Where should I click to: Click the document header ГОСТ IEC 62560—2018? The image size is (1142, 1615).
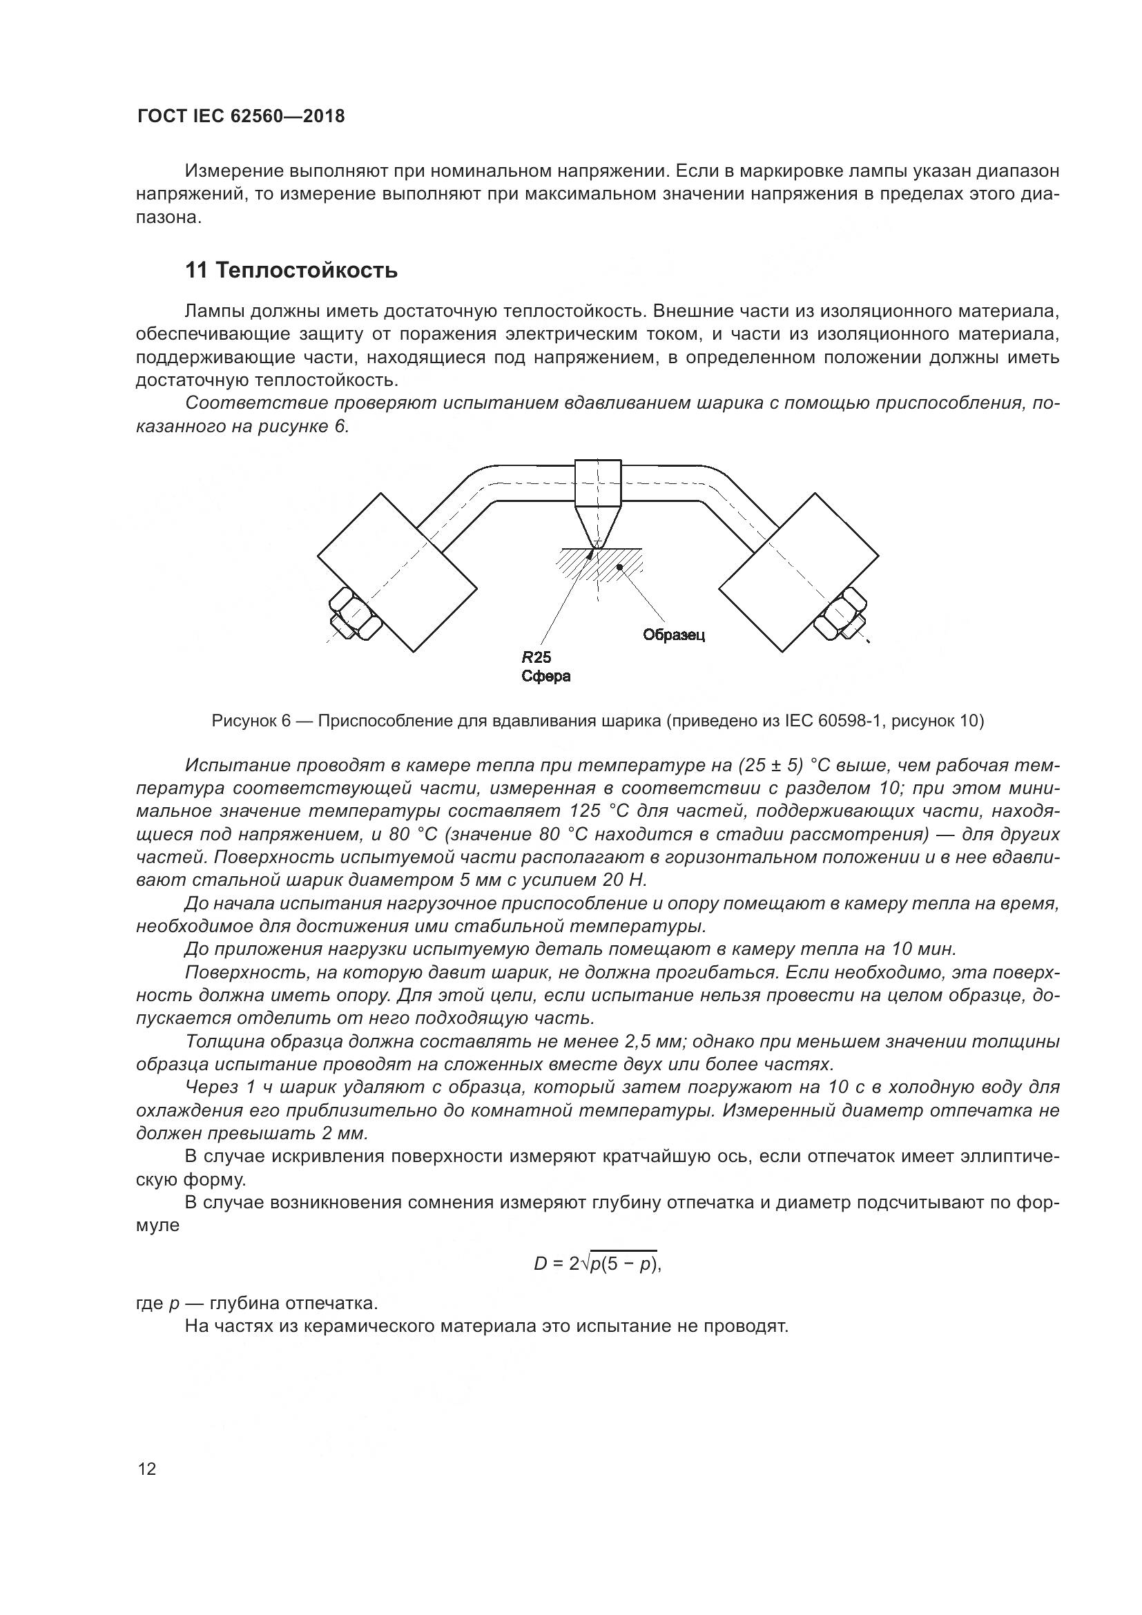tap(240, 116)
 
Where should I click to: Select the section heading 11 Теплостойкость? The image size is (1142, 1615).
tap(291, 270)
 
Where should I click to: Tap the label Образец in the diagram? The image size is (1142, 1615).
tap(673, 635)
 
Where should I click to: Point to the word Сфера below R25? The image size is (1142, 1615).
tap(545, 677)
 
